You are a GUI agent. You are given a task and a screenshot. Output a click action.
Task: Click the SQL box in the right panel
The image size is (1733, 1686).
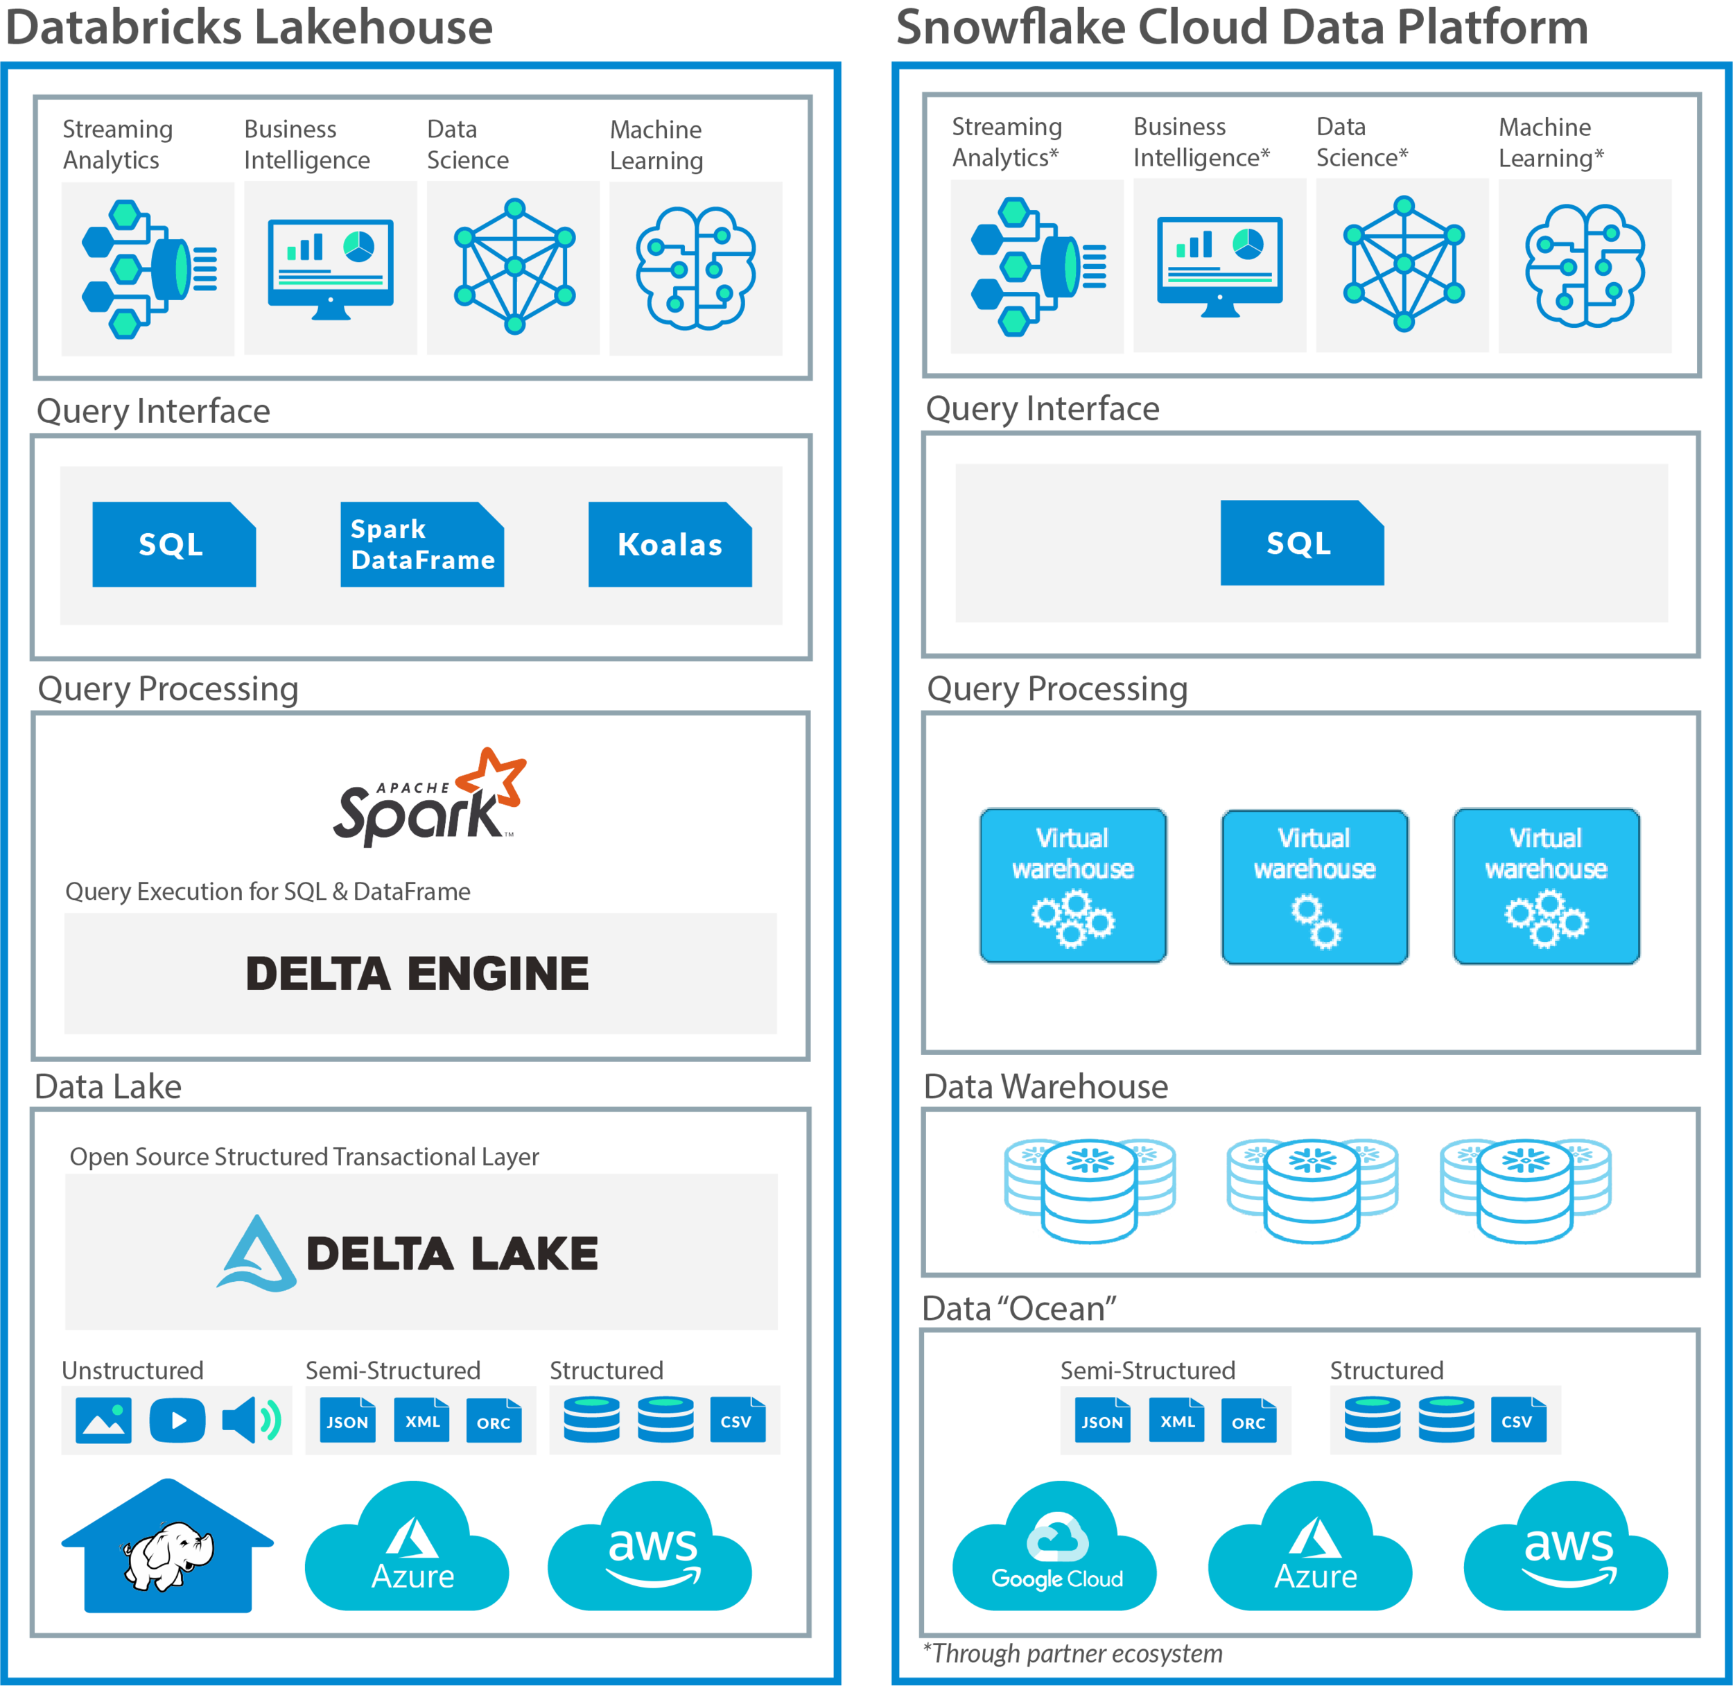[x=1301, y=542]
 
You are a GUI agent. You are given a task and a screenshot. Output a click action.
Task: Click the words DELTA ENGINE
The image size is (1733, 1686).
[x=417, y=973]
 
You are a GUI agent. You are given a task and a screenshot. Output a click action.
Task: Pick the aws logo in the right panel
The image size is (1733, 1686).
[x=1568, y=1556]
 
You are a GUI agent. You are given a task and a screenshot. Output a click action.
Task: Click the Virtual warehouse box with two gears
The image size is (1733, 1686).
[x=1314, y=885]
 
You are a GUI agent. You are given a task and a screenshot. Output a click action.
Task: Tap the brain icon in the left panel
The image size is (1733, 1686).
[x=696, y=268]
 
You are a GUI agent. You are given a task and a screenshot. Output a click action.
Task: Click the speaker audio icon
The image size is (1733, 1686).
[x=252, y=1420]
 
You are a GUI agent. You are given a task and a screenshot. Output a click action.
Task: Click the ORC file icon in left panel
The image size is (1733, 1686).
[x=494, y=1421]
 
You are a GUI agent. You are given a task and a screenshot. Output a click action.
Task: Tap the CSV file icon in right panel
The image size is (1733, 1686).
[x=1518, y=1420]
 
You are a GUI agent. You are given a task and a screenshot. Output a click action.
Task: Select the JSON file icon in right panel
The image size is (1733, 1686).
[x=1101, y=1420]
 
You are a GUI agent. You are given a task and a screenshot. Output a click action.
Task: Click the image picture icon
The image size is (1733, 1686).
[x=103, y=1420]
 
